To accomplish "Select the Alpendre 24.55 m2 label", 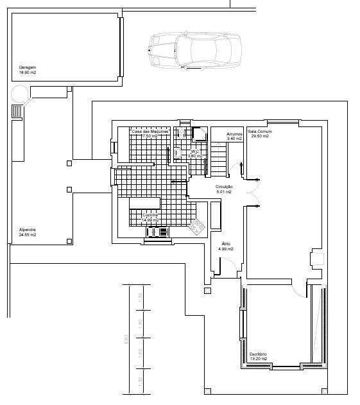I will [28, 232].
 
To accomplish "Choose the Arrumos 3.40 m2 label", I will [234, 135].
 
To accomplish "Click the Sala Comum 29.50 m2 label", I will [261, 134].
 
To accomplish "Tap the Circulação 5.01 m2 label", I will [224, 189].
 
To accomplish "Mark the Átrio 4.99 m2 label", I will [226, 246].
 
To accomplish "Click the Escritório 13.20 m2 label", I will [258, 356].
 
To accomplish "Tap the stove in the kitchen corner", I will [198, 225].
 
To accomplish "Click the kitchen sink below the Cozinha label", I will [157, 233].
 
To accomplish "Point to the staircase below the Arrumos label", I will [220, 160].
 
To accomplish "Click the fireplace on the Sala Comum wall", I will [316, 259].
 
